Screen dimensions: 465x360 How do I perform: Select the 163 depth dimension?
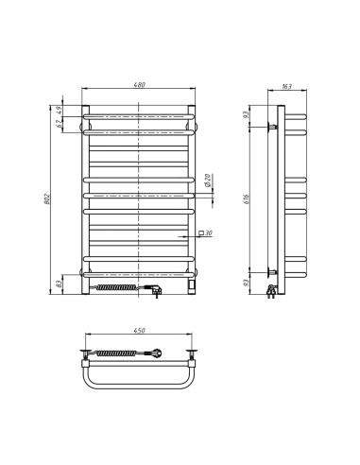[x=286, y=87]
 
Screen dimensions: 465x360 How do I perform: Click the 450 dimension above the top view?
[x=141, y=331]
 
